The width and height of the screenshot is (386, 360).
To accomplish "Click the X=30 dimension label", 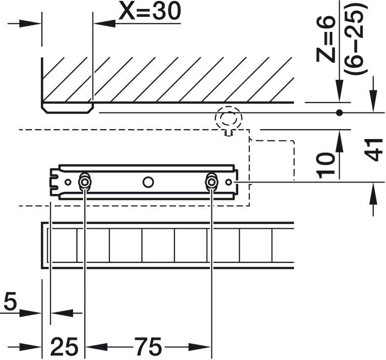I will click(x=149, y=13).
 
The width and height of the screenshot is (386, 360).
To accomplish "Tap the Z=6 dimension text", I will click(x=326, y=39).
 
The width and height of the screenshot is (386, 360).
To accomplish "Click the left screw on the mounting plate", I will click(x=85, y=182).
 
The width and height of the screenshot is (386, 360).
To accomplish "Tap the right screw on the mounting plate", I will click(x=211, y=182).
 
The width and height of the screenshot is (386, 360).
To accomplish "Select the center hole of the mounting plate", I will click(x=148, y=182).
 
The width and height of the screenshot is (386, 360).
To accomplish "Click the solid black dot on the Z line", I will click(x=339, y=113).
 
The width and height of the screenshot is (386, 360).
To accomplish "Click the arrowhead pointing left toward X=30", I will click(x=102, y=23).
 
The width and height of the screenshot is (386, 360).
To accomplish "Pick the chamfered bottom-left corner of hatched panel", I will click(x=44, y=109).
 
